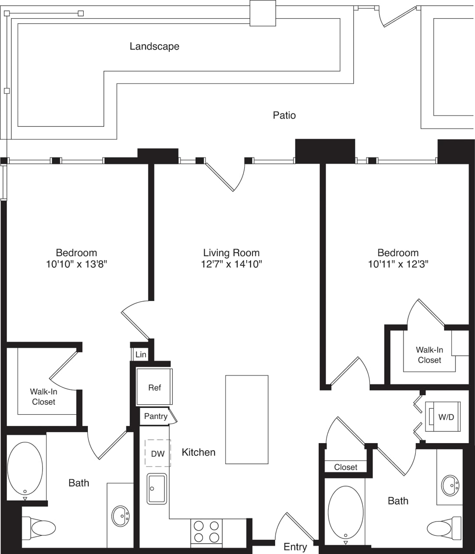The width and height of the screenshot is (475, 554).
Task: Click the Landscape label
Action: (x=154, y=46)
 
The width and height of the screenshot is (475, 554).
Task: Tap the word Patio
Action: (x=284, y=115)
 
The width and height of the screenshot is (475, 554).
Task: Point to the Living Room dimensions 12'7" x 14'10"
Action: (x=232, y=264)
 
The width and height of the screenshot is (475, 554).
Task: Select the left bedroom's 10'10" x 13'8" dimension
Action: (x=76, y=264)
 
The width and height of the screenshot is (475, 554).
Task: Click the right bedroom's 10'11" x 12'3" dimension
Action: (x=398, y=264)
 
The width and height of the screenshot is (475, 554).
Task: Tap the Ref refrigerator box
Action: (x=155, y=387)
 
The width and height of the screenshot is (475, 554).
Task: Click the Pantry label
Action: (x=156, y=416)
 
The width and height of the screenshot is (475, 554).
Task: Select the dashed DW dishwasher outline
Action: (x=158, y=454)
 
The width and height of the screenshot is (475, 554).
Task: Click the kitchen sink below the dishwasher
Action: (x=157, y=489)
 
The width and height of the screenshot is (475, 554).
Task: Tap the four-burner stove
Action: (x=206, y=531)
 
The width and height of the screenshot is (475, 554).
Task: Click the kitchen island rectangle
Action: (x=246, y=419)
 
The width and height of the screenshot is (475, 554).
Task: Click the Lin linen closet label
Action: (x=141, y=354)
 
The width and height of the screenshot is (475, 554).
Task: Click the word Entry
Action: (x=295, y=547)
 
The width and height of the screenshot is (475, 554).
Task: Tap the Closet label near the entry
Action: (x=346, y=467)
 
